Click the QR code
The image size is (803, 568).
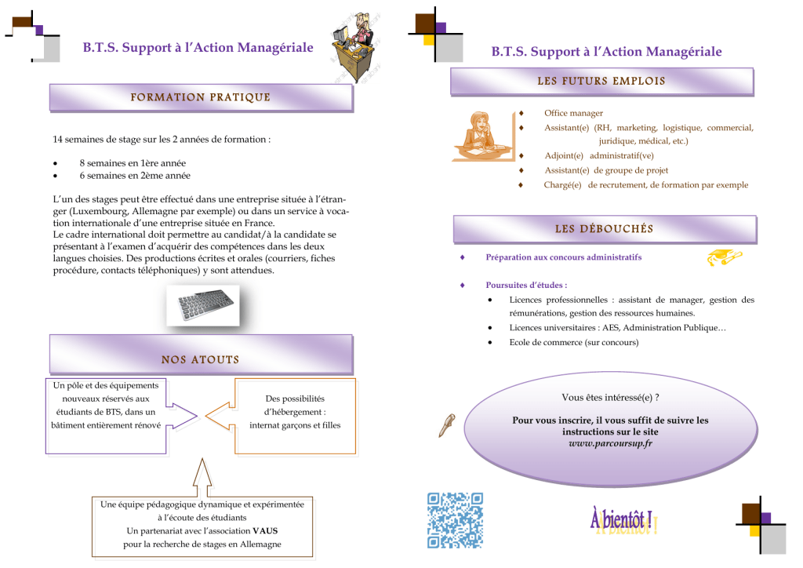(x=455, y=519)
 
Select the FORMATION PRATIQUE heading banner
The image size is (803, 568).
(x=200, y=98)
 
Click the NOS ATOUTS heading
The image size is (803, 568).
(x=200, y=360)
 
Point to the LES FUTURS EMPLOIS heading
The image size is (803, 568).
(x=601, y=81)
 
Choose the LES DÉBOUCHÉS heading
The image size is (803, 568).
(x=604, y=229)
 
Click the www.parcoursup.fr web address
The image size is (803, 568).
(x=610, y=443)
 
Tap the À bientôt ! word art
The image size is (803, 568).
(x=623, y=521)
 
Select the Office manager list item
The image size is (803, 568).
(x=573, y=113)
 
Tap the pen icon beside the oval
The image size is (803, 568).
(x=448, y=424)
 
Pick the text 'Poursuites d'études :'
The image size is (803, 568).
(x=526, y=285)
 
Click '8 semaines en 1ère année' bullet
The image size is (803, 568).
(x=133, y=163)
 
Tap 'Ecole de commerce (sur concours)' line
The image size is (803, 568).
(x=573, y=342)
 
